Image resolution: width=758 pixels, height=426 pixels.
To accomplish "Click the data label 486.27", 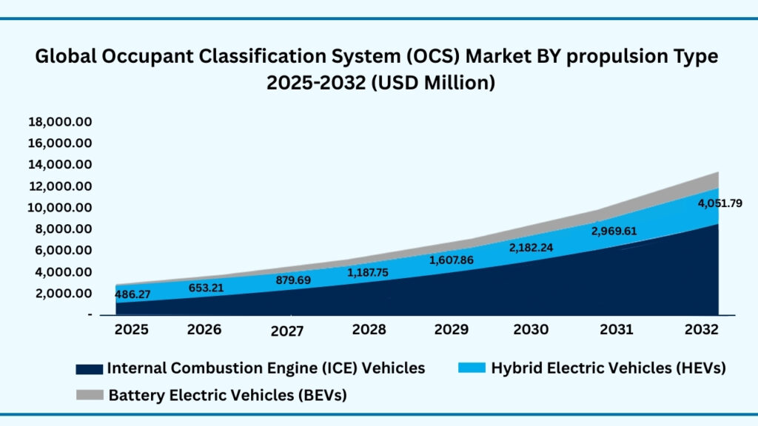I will [133, 294].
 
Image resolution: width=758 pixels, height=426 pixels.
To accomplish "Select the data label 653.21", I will [204, 287].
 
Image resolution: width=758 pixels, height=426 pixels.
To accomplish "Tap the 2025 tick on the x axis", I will [132, 328].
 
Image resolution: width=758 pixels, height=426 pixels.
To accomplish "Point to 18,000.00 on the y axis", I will [59, 121].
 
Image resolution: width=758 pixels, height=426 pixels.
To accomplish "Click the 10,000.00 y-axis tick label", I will [59, 207].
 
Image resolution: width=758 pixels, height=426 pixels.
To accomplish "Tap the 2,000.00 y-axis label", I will [63, 293].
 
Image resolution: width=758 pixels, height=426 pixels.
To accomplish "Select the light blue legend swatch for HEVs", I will [472, 368].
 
